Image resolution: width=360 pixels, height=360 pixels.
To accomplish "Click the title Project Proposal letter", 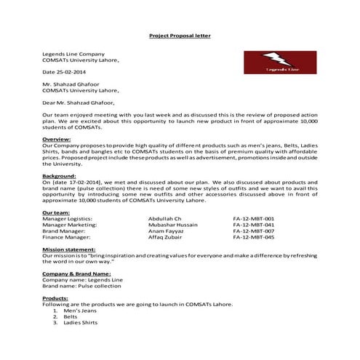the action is click(x=180, y=35).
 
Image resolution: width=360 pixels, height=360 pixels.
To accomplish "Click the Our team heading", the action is click(x=57, y=212).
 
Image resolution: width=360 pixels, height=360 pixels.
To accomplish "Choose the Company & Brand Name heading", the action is click(x=78, y=273).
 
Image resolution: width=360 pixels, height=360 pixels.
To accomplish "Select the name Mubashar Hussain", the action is click(x=172, y=224).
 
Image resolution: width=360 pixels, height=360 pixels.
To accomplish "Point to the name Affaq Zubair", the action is click(x=165, y=237).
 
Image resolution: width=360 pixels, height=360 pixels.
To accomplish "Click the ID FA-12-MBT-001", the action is click(x=253, y=218).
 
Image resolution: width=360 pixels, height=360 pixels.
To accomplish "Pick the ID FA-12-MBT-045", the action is click(x=253, y=237).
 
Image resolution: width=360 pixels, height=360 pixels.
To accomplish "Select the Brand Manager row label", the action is click(x=64, y=231).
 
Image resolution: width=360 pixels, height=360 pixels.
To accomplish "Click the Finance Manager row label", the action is click(x=66, y=237).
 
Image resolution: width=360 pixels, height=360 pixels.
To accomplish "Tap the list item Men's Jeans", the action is click(x=81, y=311).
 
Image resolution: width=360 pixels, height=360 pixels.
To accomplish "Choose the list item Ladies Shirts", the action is click(x=81, y=322).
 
